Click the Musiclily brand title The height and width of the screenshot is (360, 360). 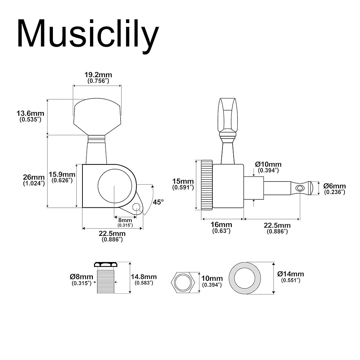[x=87, y=34]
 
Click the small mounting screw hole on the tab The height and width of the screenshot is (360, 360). [x=136, y=207]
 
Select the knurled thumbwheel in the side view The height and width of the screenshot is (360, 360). [x=206, y=185]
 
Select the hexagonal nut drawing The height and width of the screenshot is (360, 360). [x=184, y=282]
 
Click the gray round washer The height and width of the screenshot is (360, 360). [x=248, y=278]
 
